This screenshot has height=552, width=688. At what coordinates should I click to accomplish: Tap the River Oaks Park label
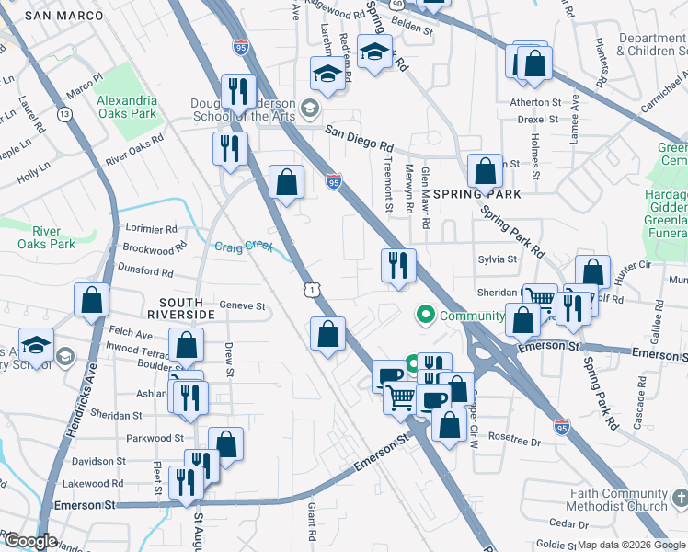pyautogui.click(x=47, y=237)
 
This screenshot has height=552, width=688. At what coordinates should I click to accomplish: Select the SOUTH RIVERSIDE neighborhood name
pyautogui.click(x=187, y=308)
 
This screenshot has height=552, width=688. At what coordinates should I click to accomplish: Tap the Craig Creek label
pyautogui.click(x=244, y=247)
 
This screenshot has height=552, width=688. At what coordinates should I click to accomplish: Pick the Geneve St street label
pyautogui.click(x=242, y=305)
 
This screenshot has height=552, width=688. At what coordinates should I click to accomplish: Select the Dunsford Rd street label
pyautogui.click(x=145, y=271)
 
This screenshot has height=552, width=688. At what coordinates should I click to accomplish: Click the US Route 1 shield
pyautogui.click(x=314, y=290)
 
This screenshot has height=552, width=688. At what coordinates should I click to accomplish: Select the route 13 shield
pyautogui.click(x=64, y=114)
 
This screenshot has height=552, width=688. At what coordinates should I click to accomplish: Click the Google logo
pyautogui.click(x=29, y=541)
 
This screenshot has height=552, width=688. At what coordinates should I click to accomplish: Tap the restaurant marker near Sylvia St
pyautogui.click(x=398, y=266)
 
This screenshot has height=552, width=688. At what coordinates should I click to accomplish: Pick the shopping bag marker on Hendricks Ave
pyautogui.click(x=92, y=299)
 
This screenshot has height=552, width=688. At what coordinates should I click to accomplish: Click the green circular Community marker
pyautogui.click(x=425, y=316)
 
